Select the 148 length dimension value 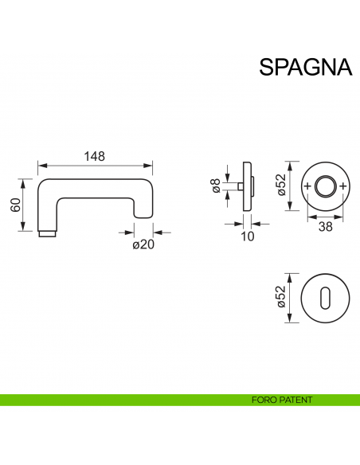click(95, 156)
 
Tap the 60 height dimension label click(14, 205)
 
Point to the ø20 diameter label click(143, 244)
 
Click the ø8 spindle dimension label click(215, 186)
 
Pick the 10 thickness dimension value click(247, 236)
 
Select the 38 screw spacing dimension click(326, 226)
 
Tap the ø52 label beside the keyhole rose click(280, 297)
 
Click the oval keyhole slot click(326, 297)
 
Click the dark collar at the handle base click(48, 235)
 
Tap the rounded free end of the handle click(143, 209)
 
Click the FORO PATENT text click(281, 400)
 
